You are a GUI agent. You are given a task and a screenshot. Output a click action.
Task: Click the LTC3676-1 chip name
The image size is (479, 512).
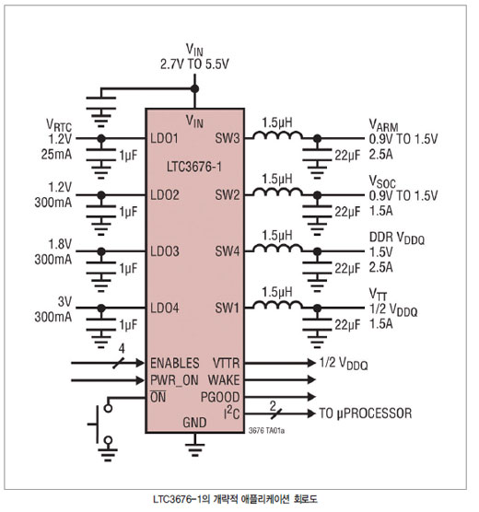tap(194, 167)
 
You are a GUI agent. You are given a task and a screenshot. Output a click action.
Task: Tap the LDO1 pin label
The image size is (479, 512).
tap(164, 138)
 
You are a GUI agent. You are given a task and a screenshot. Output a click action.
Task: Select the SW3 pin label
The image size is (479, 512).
tap(228, 138)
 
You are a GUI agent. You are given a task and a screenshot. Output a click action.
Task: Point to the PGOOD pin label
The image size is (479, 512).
tap(220, 397)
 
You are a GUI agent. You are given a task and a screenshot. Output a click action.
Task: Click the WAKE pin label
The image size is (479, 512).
tap(224, 380)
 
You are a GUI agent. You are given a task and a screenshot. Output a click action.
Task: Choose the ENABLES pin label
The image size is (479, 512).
tap(175, 363)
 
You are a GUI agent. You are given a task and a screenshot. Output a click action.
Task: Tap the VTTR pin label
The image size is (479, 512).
tap(226, 363)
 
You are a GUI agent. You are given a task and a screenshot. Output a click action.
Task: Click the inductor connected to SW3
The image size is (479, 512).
tap(278, 135)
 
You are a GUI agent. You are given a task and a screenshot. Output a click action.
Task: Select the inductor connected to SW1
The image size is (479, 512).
tap(278, 305)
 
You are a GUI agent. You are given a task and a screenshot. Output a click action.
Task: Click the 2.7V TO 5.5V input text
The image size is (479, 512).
tap(194, 64)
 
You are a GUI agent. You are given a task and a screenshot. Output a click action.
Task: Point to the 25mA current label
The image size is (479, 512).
tap(56, 154)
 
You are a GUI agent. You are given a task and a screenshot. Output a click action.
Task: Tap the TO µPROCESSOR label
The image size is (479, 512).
tap(366, 413)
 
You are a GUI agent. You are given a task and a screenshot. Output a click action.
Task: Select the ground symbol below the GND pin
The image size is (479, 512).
tap(194, 449)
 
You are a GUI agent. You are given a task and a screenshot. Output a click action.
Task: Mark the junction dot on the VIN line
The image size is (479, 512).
tap(194, 88)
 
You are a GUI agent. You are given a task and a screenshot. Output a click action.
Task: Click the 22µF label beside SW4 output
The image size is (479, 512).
tap(347, 268)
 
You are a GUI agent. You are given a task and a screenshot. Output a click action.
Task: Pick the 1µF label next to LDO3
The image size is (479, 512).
tap(128, 268)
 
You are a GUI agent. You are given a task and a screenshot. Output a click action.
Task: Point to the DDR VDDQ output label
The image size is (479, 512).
tap(397, 238)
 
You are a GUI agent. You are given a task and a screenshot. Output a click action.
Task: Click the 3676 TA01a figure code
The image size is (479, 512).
tap(266, 431)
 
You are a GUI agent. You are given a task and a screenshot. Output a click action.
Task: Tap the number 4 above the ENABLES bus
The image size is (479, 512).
tap(122, 349)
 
